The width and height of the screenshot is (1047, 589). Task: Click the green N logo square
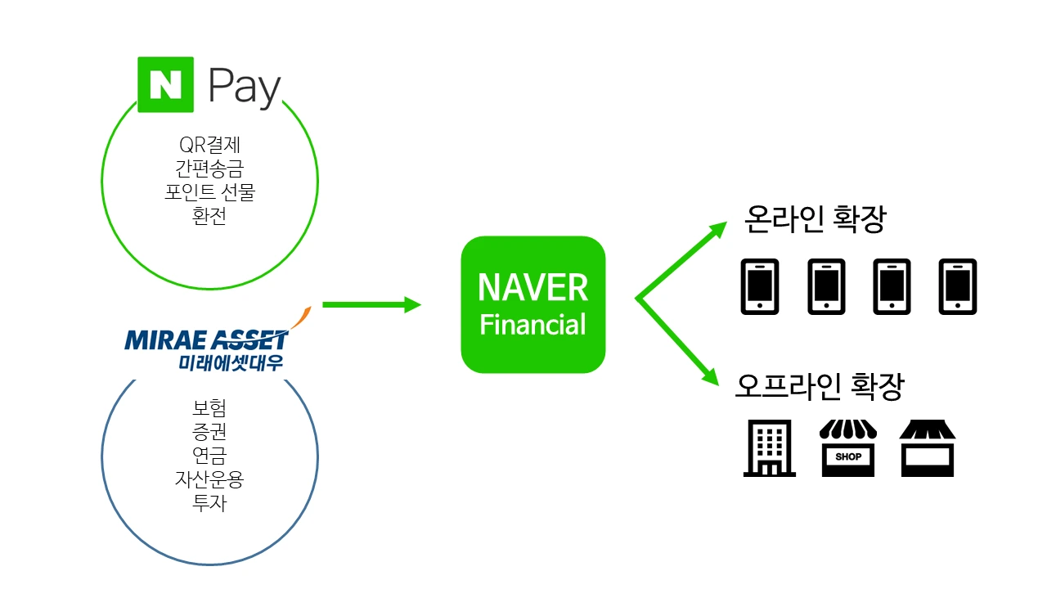point(165,84)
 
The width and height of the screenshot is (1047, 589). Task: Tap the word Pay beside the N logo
point(244,86)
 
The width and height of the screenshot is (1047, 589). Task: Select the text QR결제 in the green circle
point(209,146)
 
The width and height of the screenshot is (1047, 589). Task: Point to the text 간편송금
point(209,169)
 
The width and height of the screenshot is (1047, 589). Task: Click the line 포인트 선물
point(209,194)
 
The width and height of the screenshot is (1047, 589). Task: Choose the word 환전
point(209,218)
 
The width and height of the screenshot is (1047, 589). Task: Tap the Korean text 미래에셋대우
point(231,362)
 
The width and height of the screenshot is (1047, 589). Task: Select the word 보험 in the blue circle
point(209,407)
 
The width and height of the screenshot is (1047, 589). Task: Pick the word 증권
point(209,431)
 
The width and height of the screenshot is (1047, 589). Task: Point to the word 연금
point(209,455)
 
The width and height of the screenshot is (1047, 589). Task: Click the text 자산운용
point(209,479)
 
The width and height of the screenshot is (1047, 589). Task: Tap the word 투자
point(209,502)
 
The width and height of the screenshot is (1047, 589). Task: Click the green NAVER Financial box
point(532,304)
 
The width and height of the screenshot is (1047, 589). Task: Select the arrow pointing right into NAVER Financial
point(372,305)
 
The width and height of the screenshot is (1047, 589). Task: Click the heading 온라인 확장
point(815,219)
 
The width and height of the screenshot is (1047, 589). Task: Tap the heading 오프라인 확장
point(819,386)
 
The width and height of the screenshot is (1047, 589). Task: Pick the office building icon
point(769,448)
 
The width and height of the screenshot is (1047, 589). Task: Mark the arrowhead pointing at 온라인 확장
point(717,228)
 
